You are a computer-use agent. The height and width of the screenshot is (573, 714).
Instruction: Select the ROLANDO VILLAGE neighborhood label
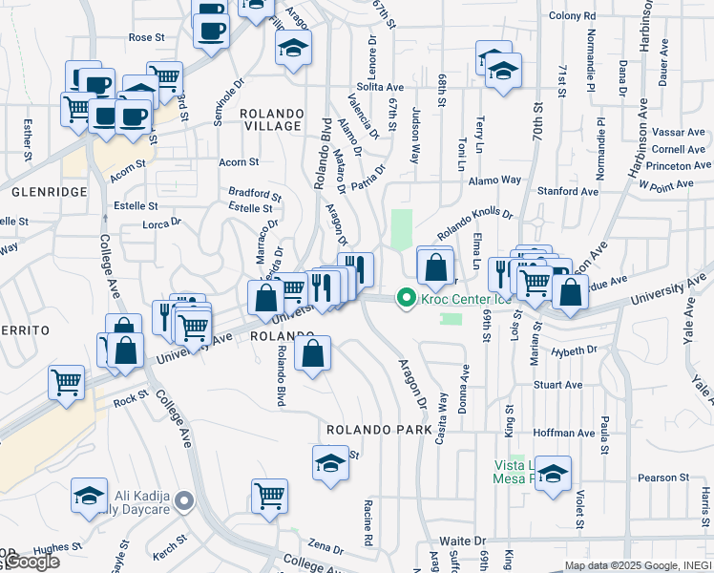click(272, 119)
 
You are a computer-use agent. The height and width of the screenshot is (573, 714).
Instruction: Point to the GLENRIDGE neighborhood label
click(49, 192)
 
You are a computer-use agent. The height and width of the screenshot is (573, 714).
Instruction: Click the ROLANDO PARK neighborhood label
click(379, 431)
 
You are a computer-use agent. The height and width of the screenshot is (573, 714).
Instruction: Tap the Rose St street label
click(147, 37)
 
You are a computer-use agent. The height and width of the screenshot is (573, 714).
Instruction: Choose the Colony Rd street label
click(572, 15)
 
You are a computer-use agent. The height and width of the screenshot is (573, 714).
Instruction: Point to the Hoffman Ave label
click(563, 433)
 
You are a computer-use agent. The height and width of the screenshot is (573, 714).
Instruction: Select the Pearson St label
click(663, 477)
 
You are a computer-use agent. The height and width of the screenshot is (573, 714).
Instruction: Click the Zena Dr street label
click(325, 549)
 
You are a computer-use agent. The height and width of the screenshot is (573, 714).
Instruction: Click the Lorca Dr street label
click(161, 223)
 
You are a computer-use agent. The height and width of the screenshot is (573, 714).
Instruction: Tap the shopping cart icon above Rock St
click(67, 382)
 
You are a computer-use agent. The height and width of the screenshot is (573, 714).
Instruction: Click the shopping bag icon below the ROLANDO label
click(312, 354)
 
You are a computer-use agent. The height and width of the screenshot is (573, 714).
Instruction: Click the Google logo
click(33, 562)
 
